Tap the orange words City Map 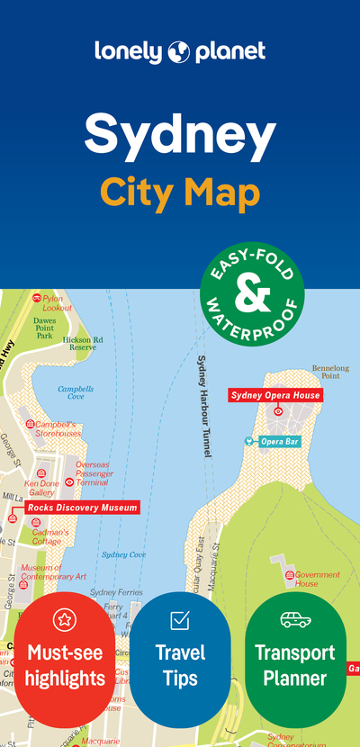click(180, 192)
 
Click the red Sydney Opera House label click(274, 395)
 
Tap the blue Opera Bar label click(279, 442)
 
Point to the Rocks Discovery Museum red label click(82, 508)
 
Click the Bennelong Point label click(330, 373)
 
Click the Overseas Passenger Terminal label click(93, 473)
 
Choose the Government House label click(318, 579)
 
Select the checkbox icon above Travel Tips click(180, 619)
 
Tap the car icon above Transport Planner click(295, 619)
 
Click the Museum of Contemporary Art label click(54, 572)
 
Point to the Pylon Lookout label click(57, 303)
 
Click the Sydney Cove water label click(124, 555)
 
